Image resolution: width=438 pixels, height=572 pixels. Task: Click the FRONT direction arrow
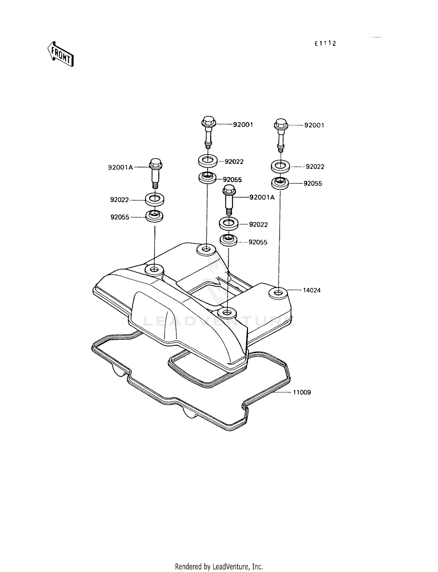pos(60,54)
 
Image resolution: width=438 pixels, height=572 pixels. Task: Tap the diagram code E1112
pos(325,44)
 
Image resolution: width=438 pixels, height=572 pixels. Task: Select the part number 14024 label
pos(312,290)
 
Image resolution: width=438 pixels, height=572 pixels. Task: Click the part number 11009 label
pos(302,392)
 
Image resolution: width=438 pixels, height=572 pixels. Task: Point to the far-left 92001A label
pos(120,168)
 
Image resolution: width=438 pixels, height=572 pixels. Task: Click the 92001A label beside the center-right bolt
pos(262,197)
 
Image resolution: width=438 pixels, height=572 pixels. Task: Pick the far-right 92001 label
pos(314,125)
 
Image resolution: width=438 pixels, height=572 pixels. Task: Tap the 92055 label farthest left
pos(120,217)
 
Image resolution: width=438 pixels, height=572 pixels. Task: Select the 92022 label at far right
pos(315,167)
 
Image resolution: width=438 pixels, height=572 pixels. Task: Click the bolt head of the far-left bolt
pos(155,164)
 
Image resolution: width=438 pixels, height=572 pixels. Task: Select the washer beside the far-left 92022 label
pos(155,199)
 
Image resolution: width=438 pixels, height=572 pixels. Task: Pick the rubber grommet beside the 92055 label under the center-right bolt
pos(228,241)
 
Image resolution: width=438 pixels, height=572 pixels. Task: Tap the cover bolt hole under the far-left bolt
pos(154,269)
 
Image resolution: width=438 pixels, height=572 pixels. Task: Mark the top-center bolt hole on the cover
pos(206,250)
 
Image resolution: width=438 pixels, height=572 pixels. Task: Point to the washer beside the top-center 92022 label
pos(207,161)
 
